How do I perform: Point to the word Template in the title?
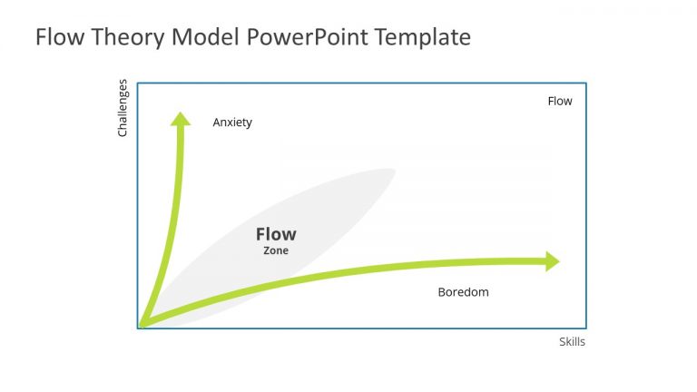422,38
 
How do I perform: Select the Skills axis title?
572,342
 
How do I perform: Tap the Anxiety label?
232,122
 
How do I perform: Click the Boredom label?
463,292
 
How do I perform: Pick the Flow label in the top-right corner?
560,101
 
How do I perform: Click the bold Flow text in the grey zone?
276,235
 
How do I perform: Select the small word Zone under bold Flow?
276,251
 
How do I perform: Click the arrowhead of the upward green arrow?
182,118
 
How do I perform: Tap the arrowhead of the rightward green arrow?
552,261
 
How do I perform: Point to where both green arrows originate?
141,324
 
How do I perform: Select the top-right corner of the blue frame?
585,83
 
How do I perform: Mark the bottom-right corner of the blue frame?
585,328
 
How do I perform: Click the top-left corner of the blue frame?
138,83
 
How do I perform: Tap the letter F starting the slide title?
41,37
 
